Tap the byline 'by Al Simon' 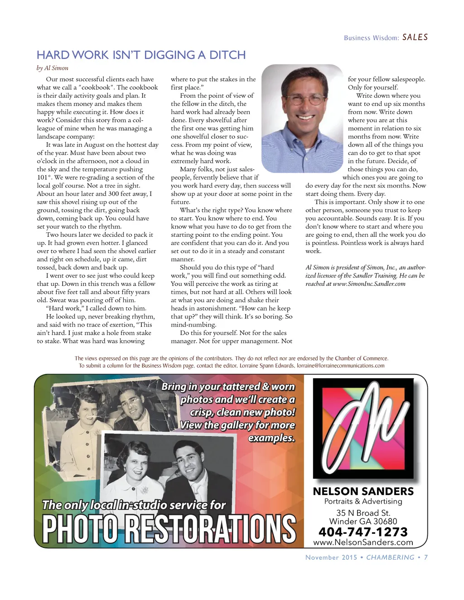(53, 68)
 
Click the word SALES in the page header (415, 37)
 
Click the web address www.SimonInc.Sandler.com (369, 284)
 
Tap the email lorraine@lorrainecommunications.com (340, 366)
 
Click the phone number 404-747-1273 (363, 532)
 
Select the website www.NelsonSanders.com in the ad (363, 542)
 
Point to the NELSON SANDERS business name (363, 491)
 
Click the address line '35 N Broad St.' (363, 513)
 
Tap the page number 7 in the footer (426, 557)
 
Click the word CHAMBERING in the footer (390, 557)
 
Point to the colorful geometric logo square (363, 429)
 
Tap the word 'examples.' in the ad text (271, 438)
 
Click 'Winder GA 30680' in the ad (363, 521)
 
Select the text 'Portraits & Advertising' (363, 501)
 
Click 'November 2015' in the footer (331, 557)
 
